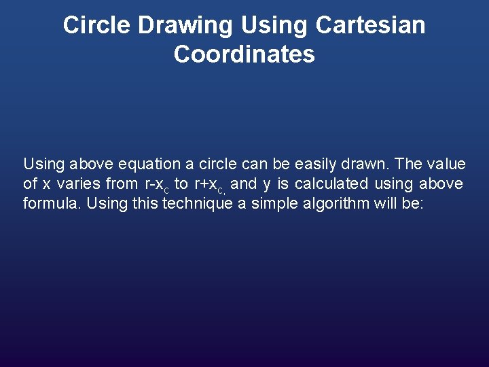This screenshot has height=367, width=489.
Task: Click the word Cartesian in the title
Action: tap(370, 25)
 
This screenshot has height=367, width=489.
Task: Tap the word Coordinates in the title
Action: tap(244, 54)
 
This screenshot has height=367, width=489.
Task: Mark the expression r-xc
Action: tap(156, 184)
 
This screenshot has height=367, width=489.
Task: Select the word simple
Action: tap(275, 203)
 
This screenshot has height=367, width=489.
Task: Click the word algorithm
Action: tap(337, 203)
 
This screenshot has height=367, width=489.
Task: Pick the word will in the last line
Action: tap(384, 203)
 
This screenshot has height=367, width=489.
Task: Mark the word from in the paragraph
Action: tap(122, 183)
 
